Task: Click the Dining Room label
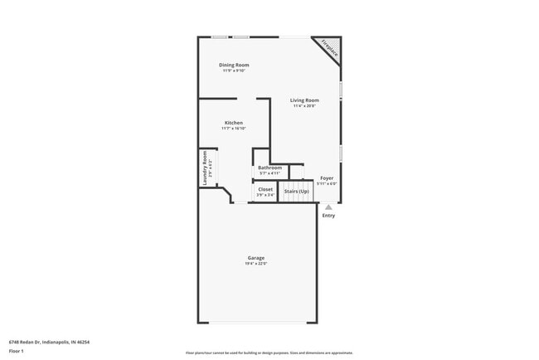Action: coord(234,65)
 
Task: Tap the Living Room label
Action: coord(304,100)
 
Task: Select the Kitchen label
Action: coord(233,123)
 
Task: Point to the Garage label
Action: coord(255,258)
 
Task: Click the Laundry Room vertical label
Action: coord(205,169)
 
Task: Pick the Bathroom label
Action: coord(270,168)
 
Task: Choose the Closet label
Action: coord(265,189)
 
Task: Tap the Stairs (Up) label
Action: coord(297,192)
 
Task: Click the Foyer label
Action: coord(327,178)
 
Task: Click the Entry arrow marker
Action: coord(328,207)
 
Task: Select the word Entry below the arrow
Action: coord(329,216)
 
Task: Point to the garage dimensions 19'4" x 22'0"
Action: coord(255,264)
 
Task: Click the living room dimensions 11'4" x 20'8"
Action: coord(304,106)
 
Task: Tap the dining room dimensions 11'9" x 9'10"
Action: coord(234,71)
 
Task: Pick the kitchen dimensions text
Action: coord(233,129)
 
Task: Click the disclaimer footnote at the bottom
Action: coord(269,352)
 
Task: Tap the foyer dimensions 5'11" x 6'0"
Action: coord(327,183)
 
